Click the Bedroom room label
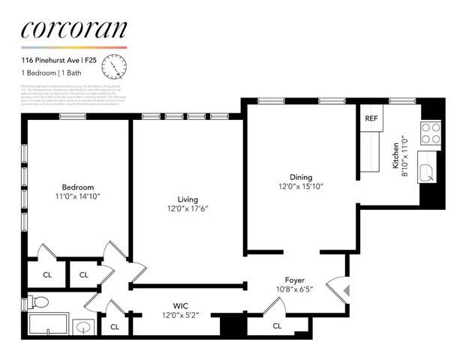pyautogui.click(x=77, y=187)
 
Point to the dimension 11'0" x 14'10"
pyautogui.click(x=77, y=196)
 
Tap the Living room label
pyautogui.click(x=188, y=199)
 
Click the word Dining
pyautogui.click(x=301, y=178)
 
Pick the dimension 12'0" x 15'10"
pyautogui.click(x=301, y=187)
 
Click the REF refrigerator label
pyautogui.click(x=371, y=118)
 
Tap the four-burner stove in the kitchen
pyautogui.click(x=431, y=133)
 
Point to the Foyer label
pyautogui.click(x=294, y=280)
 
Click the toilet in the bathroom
pyautogui.click(x=41, y=302)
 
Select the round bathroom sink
pyautogui.click(x=84, y=328)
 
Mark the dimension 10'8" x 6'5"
pyautogui.click(x=294, y=289)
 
